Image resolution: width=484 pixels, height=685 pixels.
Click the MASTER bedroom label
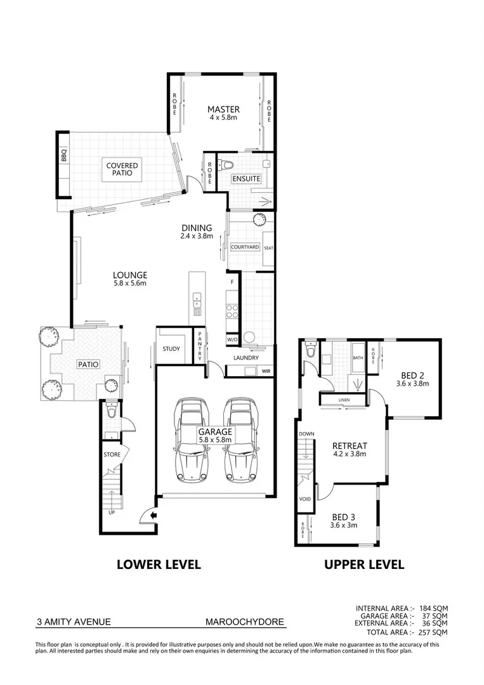tap(223, 109)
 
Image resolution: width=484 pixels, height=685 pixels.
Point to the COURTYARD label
tap(244, 247)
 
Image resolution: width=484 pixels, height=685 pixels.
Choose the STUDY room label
tap(171, 349)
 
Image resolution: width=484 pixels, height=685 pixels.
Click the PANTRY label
tap(199, 346)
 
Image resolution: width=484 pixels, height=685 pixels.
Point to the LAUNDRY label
tap(245, 358)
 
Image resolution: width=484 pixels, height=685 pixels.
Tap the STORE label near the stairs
tap(112, 455)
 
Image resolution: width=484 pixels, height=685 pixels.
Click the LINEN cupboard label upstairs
tap(343, 400)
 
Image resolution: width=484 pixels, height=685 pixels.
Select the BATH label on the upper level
tap(357, 359)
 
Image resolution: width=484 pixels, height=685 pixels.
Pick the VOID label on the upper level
tap(305, 499)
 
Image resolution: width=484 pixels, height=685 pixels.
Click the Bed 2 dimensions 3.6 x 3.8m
tap(412, 383)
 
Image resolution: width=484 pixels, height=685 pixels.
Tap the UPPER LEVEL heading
tap(364, 564)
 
